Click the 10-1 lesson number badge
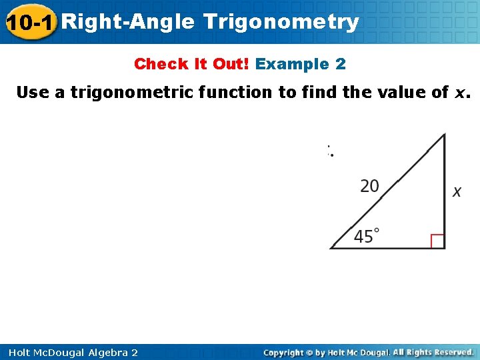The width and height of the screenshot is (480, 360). pos(30,22)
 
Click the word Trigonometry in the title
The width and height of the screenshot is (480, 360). pos(281,22)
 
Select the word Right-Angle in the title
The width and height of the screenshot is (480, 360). pos(130,22)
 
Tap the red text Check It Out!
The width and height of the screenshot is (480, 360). pos(192,64)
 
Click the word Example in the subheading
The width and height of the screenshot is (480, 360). pos(293,64)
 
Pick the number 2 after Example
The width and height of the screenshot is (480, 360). pos(341,64)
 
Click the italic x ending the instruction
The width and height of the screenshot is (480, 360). pos(459,93)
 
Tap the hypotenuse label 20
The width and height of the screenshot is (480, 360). pos(370,186)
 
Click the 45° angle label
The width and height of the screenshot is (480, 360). pos(367,236)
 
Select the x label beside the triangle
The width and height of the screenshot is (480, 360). pos(457,192)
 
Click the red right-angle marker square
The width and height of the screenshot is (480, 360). pos(437,241)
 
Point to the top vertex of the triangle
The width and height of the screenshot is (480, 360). pos(444,135)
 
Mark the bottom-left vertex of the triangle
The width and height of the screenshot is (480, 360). pos(332,248)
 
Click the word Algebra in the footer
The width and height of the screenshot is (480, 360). pos(103,353)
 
